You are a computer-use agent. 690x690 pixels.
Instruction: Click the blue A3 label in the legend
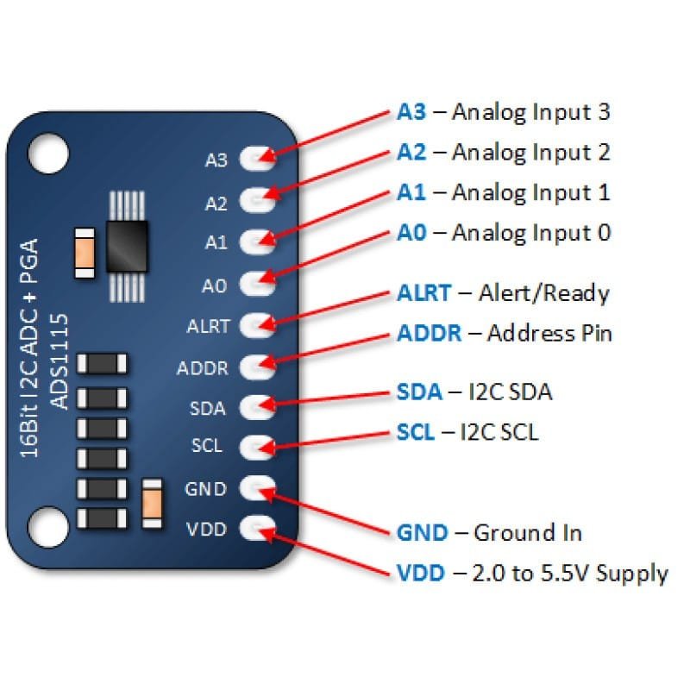pyautogui.click(x=412, y=112)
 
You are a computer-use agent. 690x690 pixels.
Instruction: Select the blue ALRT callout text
pyautogui.click(x=423, y=293)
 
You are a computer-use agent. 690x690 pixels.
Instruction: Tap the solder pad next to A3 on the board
pyautogui.click(x=256, y=157)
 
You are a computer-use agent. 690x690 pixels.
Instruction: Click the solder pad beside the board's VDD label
pyautogui.click(x=256, y=527)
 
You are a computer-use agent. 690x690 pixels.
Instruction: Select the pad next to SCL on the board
pyautogui.click(x=256, y=446)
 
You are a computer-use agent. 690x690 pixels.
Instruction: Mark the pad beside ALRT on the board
pyautogui.click(x=256, y=325)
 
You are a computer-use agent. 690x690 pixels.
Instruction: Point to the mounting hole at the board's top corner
pyautogui.click(x=47, y=153)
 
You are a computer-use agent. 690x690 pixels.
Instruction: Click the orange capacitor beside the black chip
pyautogui.click(x=85, y=253)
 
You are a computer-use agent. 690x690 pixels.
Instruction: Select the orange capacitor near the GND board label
pyautogui.click(x=152, y=502)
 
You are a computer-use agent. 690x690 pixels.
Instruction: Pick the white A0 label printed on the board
pyautogui.click(x=215, y=284)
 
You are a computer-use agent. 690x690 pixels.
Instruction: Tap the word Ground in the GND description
pyautogui.click(x=511, y=532)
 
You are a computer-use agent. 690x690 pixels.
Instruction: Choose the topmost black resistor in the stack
pyautogui.click(x=103, y=364)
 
